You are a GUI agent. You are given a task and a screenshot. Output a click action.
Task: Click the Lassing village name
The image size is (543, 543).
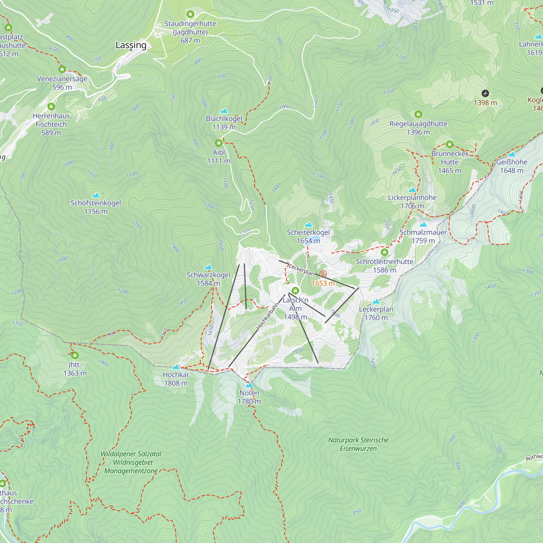pos(131,45)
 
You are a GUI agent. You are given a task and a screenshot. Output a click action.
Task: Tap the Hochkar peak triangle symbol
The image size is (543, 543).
pos(176,367)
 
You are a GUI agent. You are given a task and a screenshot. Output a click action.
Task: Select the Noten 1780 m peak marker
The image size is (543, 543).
pos(249,385)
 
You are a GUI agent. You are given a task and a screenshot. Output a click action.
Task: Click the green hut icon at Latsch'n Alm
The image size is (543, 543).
pos(295,290)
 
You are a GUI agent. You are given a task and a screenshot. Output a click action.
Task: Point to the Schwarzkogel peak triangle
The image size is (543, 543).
pos(208,267)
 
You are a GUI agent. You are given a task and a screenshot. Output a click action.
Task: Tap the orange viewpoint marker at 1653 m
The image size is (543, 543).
pos(323,274)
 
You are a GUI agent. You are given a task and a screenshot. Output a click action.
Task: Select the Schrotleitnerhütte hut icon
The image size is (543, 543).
pos(384,252)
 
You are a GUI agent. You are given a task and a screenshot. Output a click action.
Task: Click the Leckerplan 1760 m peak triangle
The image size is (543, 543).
pos(376,302)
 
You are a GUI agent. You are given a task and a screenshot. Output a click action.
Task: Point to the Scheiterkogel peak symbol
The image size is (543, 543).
pos(309,225)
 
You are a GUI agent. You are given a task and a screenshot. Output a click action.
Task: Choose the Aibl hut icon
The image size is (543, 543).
pos(219,143)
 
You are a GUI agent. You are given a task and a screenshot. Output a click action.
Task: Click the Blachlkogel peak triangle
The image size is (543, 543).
pos(224,111)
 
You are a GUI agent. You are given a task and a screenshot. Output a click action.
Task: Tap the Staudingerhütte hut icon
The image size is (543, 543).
pos(190,14)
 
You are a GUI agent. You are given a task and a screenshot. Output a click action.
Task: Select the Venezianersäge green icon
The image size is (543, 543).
pos(62,70)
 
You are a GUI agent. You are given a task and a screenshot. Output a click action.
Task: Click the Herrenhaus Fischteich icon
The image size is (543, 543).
pos(51,106)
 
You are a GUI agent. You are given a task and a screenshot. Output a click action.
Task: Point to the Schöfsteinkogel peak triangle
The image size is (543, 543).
pos(96,195)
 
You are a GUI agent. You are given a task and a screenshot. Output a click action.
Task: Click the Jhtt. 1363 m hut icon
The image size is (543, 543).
pos(75,355)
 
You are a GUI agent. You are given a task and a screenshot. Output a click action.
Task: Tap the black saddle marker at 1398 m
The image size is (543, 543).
pos(485,93)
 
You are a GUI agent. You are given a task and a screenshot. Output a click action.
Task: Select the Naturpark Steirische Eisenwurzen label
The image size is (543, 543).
pos(358,444)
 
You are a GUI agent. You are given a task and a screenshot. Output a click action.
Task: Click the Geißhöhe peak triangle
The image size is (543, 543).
pos(512,154)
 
